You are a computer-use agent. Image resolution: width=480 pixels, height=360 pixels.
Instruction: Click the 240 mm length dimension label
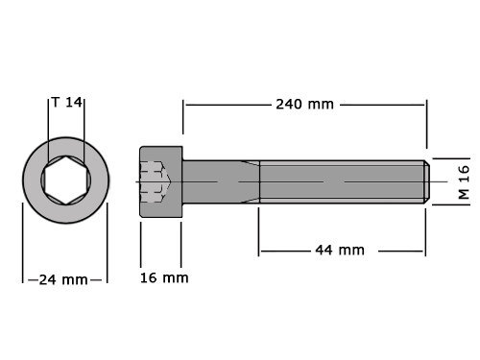click(x=304, y=105)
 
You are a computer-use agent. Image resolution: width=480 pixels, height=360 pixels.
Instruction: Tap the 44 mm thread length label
click(x=340, y=250)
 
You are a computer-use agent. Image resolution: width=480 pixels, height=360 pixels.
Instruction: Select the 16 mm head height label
click(x=164, y=277)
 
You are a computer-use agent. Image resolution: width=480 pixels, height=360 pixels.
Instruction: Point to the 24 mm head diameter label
click(x=63, y=280)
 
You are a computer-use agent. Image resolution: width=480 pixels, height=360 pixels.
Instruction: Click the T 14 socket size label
click(x=66, y=103)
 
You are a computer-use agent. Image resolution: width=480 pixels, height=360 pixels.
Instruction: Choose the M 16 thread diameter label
click(x=464, y=182)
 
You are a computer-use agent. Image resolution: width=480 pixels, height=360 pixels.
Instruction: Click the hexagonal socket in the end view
click(x=65, y=180)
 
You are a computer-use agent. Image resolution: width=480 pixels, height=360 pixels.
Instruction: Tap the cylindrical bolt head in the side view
click(x=161, y=181)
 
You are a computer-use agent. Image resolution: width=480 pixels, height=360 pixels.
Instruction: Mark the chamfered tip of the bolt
click(x=427, y=181)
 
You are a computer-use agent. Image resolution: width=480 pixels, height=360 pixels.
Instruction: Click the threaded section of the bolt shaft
click(x=342, y=181)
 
